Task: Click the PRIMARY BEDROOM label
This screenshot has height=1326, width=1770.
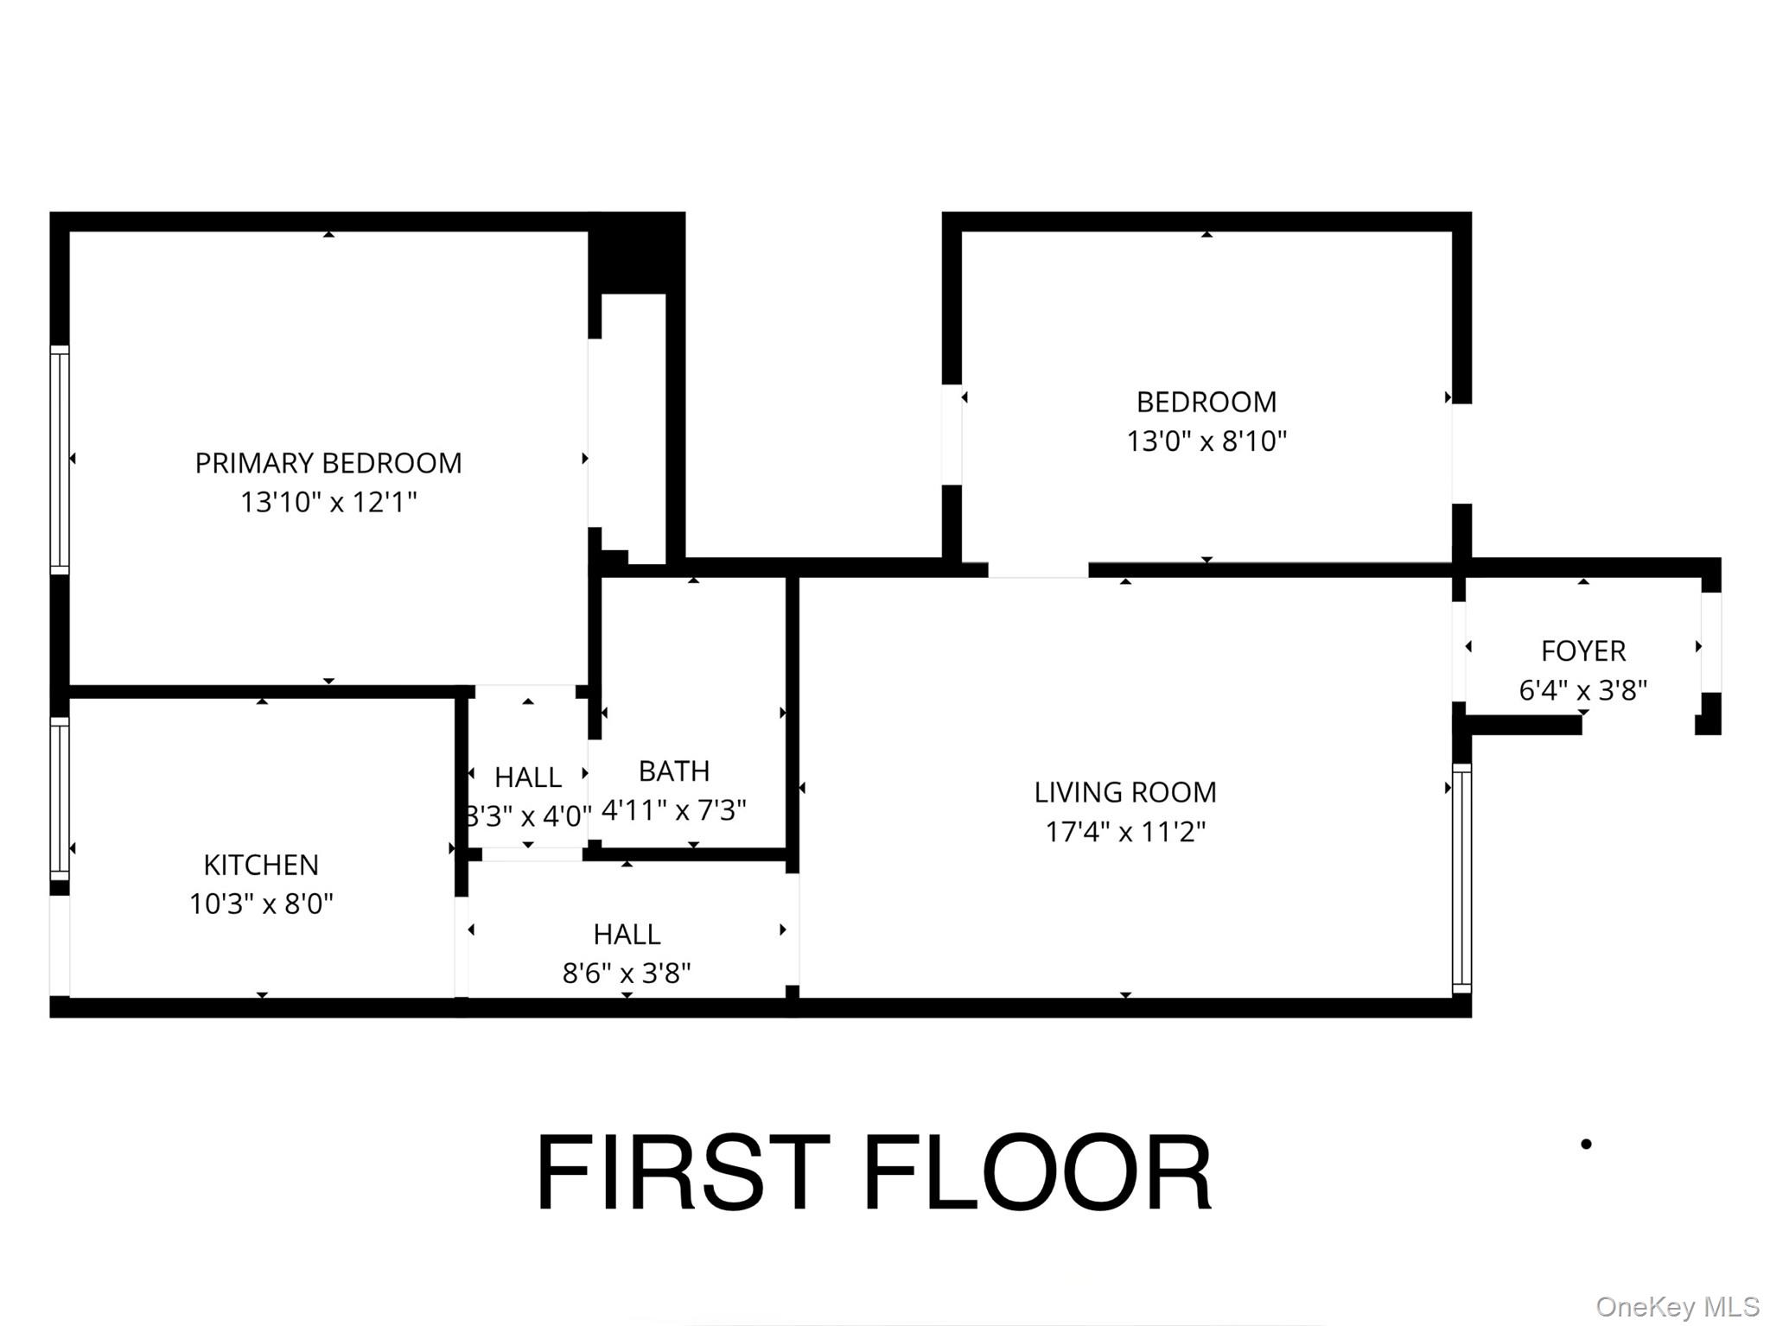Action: click(x=328, y=463)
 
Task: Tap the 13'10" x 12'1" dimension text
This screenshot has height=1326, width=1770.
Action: click(x=328, y=502)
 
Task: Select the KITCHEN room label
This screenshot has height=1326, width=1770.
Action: click(x=261, y=865)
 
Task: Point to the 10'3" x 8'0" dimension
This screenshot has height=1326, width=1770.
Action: click(x=261, y=904)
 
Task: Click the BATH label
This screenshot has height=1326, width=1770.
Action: click(x=674, y=771)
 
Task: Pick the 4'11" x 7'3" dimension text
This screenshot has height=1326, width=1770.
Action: click(x=674, y=810)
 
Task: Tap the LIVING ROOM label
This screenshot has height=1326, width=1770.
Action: click(x=1125, y=792)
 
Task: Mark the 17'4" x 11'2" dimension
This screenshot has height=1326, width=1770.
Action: click(x=1125, y=832)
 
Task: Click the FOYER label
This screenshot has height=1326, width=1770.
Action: click(x=1583, y=650)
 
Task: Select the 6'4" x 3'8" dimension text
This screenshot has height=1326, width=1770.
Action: click(x=1583, y=690)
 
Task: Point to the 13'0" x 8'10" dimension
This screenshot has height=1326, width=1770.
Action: click(x=1207, y=441)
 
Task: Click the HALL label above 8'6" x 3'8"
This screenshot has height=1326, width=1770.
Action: click(x=627, y=934)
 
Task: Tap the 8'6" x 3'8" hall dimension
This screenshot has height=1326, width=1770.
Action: click(x=627, y=974)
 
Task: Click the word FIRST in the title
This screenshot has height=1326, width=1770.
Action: click(x=683, y=1174)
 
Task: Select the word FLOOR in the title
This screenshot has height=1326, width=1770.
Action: click(x=1037, y=1174)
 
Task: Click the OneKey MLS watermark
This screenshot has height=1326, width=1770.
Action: click(x=1677, y=1306)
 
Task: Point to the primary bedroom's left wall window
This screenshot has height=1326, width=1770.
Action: click(x=59, y=459)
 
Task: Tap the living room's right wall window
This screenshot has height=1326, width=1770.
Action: click(x=1461, y=878)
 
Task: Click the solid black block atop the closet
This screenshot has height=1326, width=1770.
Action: click(x=636, y=253)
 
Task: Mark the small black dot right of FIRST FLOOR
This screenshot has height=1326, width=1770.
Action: click(x=1586, y=1144)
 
